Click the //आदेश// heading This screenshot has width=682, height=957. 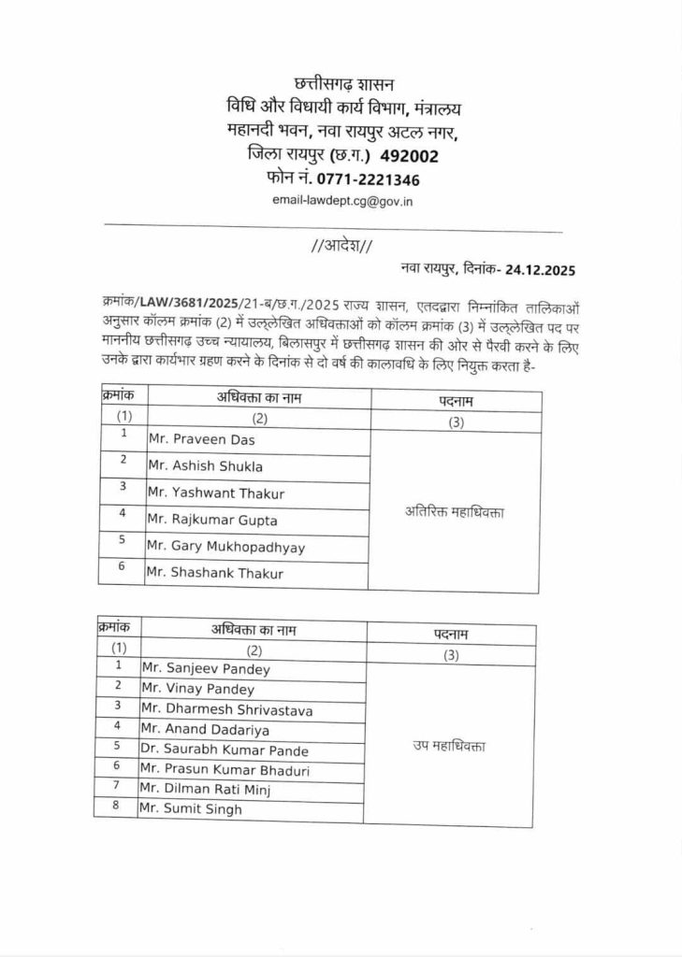pyautogui.click(x=341, y=246)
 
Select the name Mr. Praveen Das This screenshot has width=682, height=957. pyautogui.click(x=201, y=439)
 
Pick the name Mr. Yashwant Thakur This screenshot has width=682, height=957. pyautogui.click(x=216, y=493)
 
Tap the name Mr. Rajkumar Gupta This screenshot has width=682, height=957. pyautogui.click(x=212, y=520)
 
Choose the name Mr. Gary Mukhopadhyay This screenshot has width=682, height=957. pyautogui.click(x=226, y=547)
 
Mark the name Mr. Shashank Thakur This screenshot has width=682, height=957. pyautogui.click(x=215, y=573)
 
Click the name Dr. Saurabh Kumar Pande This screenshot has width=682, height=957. pyautogui.click(x=224, y=750)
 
